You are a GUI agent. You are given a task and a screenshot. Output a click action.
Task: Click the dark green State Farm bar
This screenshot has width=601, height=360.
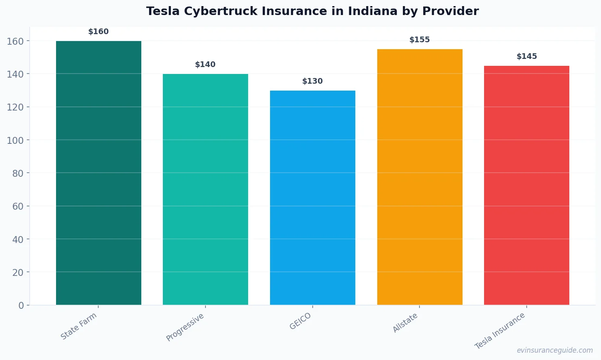[x=99, y=173]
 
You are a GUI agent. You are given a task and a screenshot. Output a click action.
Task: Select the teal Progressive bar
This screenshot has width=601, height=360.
[x=205, y=189]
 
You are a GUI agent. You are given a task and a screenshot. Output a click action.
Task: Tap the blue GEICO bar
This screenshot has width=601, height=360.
[x=313, y=197]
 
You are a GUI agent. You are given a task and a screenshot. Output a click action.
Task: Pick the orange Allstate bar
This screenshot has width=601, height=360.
[x=419, y=177]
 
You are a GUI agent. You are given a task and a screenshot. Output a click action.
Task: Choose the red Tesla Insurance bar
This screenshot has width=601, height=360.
[x=527, y=185]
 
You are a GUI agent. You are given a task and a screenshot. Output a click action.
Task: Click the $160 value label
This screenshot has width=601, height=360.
[x=99, y=32]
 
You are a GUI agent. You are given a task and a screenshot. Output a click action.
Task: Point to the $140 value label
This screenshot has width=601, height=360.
[x=205, y=65]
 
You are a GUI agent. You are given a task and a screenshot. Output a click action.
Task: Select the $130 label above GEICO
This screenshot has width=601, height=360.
[x=313, y=81]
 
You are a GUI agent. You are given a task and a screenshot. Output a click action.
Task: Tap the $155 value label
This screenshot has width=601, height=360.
[x=419, y=40]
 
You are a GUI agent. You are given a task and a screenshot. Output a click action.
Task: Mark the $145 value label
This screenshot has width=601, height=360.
[x=527, y=56]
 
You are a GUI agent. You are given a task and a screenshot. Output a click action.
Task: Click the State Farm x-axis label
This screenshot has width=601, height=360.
[x=79, y=326]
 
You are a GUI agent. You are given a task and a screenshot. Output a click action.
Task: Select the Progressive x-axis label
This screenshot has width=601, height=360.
[x=185, y=327]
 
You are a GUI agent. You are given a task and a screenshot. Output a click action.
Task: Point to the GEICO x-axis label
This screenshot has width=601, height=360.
[x=300, y=321]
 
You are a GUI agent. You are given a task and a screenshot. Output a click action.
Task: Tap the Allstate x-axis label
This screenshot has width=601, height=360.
[x=405, y=323]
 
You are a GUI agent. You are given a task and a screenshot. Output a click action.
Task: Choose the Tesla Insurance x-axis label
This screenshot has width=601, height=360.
[x=500, y=331]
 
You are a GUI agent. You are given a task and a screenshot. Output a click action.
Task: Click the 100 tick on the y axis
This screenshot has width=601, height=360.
[x=15, y=140]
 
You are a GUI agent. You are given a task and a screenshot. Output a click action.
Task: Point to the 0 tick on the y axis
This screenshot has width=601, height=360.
[x=21, y=306]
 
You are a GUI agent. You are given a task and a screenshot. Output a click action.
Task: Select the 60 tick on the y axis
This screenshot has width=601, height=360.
[x=18, y=206]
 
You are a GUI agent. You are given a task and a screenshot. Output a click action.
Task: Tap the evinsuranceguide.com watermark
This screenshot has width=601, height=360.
[x=555, y=350]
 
